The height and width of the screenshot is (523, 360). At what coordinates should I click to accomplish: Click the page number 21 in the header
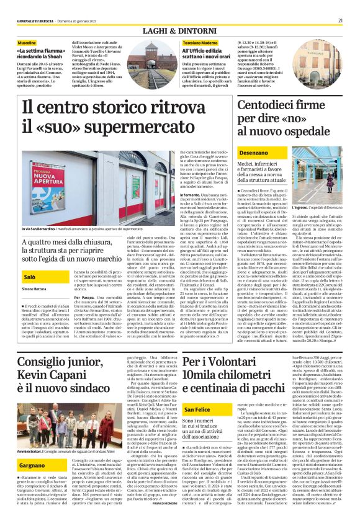(340, 4)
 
